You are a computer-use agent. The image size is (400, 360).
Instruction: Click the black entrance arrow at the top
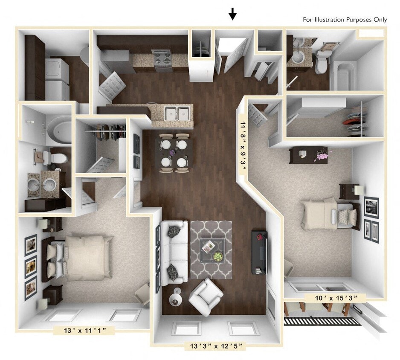tap(232, 15)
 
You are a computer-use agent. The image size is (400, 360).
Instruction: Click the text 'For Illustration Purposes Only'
tap(345, 20)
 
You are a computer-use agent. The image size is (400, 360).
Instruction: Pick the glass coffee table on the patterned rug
tap(212, 250)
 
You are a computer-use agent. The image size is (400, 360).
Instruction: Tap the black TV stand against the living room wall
tap(259, 252)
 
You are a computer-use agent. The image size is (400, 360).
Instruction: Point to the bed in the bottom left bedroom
tap(81, 258)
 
